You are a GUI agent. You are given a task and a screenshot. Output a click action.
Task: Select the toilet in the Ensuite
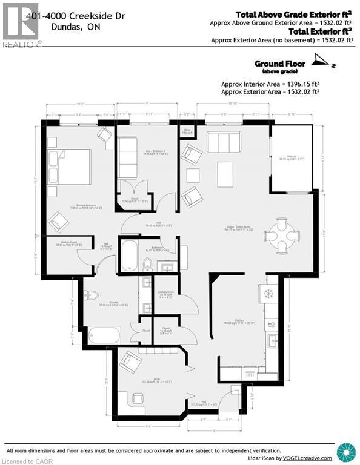coord(92,295)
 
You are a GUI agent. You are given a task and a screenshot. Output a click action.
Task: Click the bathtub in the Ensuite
coord(104,335)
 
